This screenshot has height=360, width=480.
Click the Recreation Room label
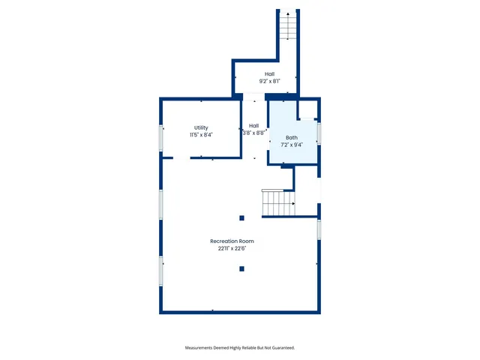tap(232, 241)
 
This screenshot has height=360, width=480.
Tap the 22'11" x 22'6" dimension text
tap(232, 249)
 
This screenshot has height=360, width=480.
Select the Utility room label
tap(201, 127)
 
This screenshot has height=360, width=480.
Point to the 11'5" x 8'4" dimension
tap(201, 135)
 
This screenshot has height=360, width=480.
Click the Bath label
tap(291, 138)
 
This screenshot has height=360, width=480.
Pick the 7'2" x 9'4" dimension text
tap(291, 145)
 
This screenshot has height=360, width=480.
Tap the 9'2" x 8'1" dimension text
tap(269, 81)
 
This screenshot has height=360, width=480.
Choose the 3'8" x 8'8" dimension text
tap(253, 133)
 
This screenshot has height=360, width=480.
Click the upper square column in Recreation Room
tap(241, 218)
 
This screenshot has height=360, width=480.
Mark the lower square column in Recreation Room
tap(241, 268)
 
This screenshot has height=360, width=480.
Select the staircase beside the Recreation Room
tap(277, 202)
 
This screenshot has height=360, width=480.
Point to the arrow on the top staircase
tap(285, 15)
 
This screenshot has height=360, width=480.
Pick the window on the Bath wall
tap(319, 133)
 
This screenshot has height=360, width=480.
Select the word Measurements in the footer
tap(202, 348)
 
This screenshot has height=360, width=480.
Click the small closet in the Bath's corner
tap(307, 110)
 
